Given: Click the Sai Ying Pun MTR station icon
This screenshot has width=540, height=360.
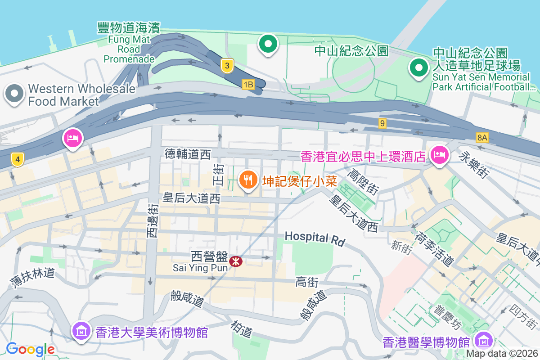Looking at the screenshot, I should pyautogui.click(x=235, y=261).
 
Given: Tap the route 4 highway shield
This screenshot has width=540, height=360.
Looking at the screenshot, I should pyautogui.click(x=17, y=159).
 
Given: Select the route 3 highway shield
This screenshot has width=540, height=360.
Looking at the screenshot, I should pyautogui.click(x=228, y=66).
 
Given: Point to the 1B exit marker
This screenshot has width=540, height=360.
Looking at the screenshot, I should pyautogui.click(x=248, y=84).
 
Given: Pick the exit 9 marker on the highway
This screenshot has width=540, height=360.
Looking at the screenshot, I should pyautogui.click(x=382, y=123).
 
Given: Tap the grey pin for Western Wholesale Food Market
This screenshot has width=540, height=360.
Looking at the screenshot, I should pyautogui.click(x=14, y=94).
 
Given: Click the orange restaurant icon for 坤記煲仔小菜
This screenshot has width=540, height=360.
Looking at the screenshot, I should pyautogui.click(x=247, y=180).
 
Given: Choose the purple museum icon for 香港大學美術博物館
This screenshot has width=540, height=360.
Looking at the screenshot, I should pyautogui.click(x=81, y=332).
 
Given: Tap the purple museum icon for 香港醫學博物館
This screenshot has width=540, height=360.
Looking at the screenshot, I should pyautogui.click(x=484, y=340).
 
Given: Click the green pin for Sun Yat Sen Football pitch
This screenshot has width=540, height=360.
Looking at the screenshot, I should pyautogui.click(x=418, y=68).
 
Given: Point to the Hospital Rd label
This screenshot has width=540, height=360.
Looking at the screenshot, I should pyautogui.click(x=315, y=238).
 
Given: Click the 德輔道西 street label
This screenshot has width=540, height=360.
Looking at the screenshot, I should pyautogui.click(x=188, y=155).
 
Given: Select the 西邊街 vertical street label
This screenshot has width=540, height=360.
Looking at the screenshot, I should pyautogui.click(x=153, y=220).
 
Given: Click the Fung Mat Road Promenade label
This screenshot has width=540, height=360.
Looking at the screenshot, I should pyautogui.click(x=129, y=43).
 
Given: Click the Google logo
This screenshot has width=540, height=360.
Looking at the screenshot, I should pyautogui.click(x=30, y=349).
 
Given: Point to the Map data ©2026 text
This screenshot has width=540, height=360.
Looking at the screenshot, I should pyautogui.click(x=502, y=354).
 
